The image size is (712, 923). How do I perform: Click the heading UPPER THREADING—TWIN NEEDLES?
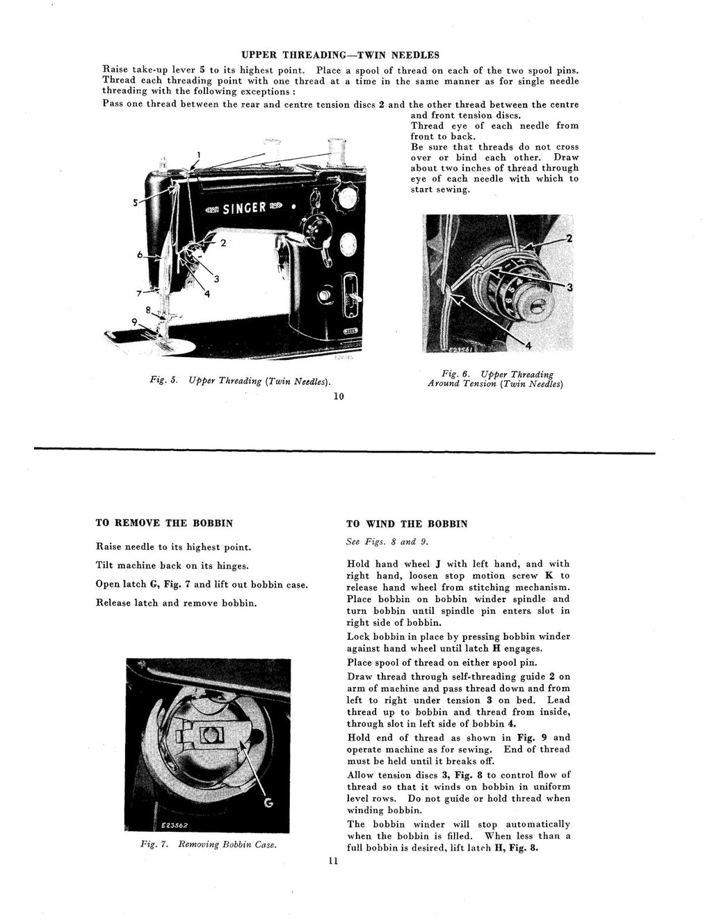click(x=340, y=54)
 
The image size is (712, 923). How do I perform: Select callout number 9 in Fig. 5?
click(x=134, y=322)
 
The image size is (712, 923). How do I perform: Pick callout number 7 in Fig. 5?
click(x=140, y=292)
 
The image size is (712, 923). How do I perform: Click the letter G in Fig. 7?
click(x=268, y=804)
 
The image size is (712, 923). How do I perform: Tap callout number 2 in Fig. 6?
click(x=569, y=239)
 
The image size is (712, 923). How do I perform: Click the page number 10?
click(x=339, y=397)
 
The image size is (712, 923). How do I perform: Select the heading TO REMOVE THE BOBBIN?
click(x=163, y=523)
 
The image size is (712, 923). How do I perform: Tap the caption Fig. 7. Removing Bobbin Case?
click(x=209, y=844)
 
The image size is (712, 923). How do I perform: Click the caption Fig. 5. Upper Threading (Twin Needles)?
click(x=240, y=381)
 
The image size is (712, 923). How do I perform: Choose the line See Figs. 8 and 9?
click(x=380, y=542)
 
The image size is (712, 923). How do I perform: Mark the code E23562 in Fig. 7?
click(x=171, y=826)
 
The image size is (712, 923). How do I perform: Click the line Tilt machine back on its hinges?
click(x=172, y=566)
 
